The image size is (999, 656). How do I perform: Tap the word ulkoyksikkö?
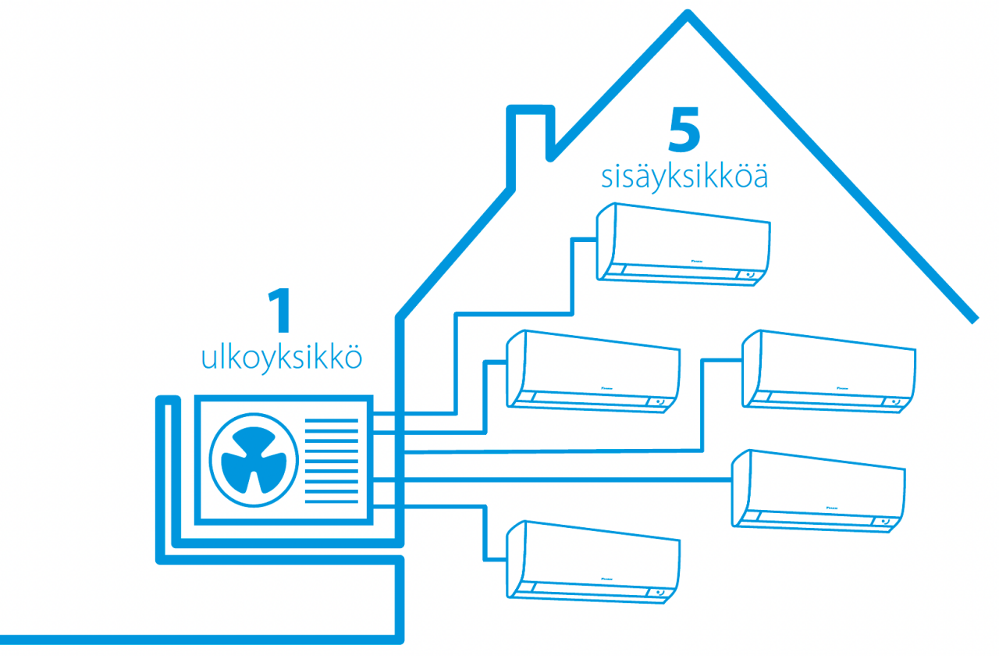pos(282,358)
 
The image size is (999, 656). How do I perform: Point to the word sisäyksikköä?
pos(684,176)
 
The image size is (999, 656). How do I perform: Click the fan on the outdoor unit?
pos(254,462)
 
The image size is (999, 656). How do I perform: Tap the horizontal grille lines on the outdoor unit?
pos(331,461)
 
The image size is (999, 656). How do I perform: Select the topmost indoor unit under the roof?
pos(684,244)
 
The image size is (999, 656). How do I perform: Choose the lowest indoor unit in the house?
pos(593,560)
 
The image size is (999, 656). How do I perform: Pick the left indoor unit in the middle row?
pos(593,369)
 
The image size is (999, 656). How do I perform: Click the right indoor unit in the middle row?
pos(829,369)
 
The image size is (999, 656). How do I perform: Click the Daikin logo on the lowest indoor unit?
pos(608,578)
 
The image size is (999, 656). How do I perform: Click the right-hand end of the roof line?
pos(973,318)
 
